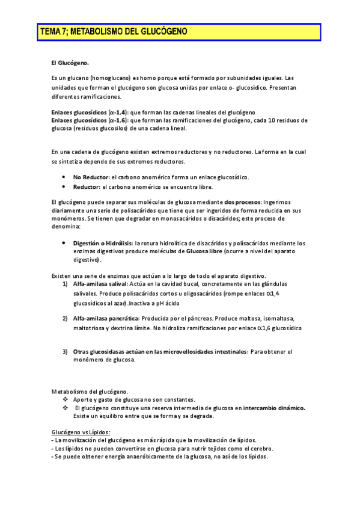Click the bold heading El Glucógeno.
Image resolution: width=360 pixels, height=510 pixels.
[70, 62]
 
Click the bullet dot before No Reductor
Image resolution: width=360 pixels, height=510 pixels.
[64, 177]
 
